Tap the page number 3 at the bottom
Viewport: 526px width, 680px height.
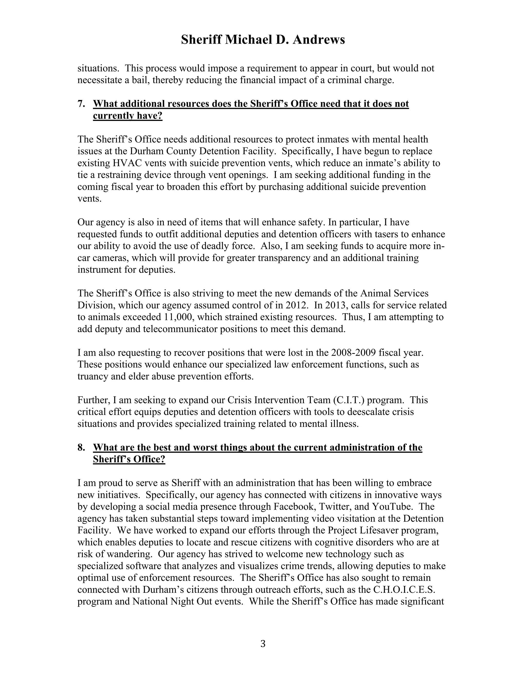(263, 644)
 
